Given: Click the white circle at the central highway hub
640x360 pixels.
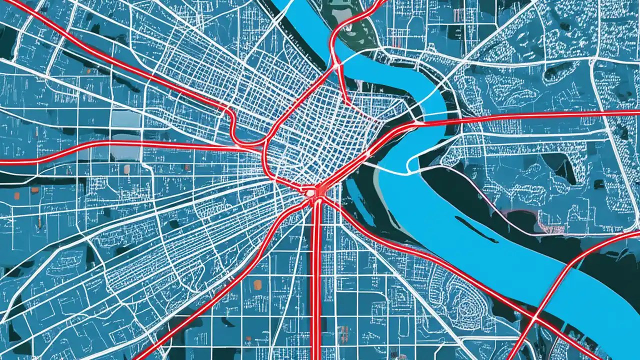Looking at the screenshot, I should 310,192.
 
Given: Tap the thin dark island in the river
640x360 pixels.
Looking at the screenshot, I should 475,229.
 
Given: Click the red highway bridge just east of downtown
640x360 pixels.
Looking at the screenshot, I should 430,121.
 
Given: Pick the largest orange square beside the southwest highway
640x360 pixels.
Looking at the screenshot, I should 257,284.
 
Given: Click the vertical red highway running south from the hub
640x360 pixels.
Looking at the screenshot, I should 316,280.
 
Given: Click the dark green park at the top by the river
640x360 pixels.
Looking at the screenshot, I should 350,30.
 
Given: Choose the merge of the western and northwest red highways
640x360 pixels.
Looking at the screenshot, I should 250,145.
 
